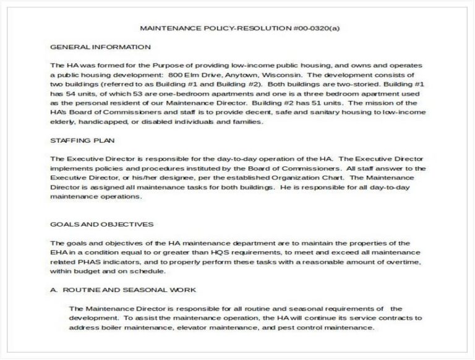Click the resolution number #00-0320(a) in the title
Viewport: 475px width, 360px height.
pos(317,28)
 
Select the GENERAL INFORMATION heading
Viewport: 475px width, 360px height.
pos(100,47)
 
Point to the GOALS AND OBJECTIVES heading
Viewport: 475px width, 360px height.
pos(102,224)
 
